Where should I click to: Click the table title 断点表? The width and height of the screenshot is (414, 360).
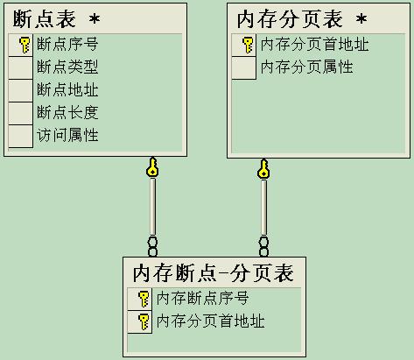[x=45, y=19]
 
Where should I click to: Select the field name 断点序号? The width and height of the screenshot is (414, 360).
[x=67, y=45]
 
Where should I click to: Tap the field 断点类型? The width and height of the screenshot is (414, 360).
[x=67, y=67]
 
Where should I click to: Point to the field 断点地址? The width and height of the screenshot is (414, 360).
[x=67, y=89]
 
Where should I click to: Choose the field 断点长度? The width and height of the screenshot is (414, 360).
[x=67, y=112]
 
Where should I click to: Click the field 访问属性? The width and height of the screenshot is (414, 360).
[x=67, y=135]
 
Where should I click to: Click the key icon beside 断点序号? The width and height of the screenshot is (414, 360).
[x=25, y=45]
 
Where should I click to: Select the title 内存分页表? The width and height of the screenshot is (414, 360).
[x=290, y=19]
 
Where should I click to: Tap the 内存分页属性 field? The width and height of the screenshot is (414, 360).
[x=306, y=67]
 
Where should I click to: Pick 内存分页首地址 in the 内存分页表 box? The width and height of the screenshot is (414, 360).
[x=314, y=45]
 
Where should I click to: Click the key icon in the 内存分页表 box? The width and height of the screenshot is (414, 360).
[x=248, y=45]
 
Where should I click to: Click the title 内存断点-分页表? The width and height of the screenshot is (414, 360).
[x=214, y=273]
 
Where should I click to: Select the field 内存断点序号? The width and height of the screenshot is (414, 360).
[x=202, y=299]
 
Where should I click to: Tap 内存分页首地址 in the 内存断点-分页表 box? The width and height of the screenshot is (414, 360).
[x=210, y=321]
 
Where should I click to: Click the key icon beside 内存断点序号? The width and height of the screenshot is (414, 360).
[x=144, y=299]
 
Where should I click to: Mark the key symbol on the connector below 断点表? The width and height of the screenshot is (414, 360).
[x=152, y=167]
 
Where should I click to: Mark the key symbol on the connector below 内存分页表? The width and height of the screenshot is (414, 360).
[x=263, y=169]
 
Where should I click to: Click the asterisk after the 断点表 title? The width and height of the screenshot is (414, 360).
[x=95, y=19]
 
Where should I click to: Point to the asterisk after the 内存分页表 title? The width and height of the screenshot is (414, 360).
[x=361, y=19]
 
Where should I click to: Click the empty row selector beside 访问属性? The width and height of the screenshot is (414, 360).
[x=20, y=136]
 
